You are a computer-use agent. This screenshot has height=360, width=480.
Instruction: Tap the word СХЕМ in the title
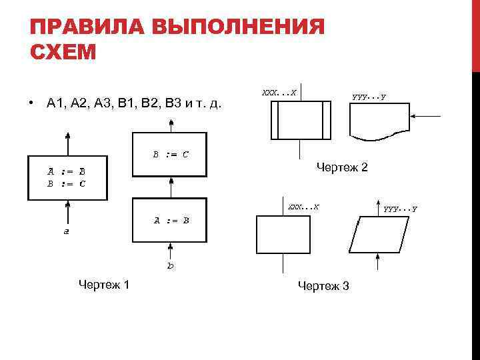click(x=64, y=51)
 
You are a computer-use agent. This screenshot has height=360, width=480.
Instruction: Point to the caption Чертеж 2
click(x=342, y=167)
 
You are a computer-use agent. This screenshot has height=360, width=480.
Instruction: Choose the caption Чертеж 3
click(x=323, y=286)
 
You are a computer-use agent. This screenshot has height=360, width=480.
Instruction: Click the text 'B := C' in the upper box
click(x=171, y=155)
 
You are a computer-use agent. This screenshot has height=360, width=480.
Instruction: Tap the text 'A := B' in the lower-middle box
click(x=172, y=220)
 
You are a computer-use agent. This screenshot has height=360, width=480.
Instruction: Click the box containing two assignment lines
click(x=66, y=178)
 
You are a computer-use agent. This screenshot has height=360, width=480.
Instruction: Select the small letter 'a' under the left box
click(x=66, y=233)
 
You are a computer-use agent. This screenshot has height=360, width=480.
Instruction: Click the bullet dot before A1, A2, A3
click(x=31, y=103)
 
